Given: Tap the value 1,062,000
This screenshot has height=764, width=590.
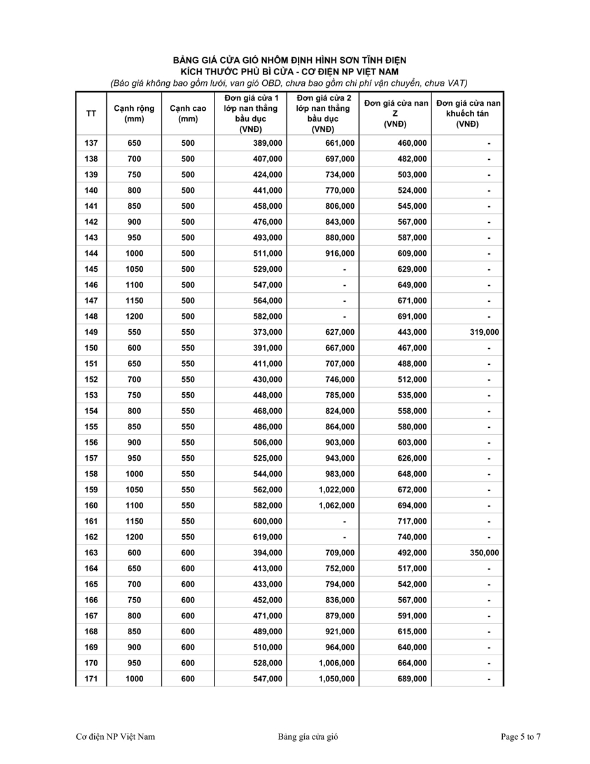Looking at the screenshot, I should coord(337,506).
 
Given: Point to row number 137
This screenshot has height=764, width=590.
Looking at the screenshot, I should coord(91,143).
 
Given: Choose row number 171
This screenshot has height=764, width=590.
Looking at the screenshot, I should coord(91,679).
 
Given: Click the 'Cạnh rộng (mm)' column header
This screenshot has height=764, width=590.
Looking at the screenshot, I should coord(134,113).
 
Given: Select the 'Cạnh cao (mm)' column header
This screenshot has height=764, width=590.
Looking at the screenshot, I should coord(188,113).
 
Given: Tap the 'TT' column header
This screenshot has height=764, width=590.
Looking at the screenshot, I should coord(91,113).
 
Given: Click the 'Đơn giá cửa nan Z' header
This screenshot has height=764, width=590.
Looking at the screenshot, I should coord(395,113).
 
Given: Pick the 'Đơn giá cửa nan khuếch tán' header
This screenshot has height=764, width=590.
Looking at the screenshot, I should coord(468,113).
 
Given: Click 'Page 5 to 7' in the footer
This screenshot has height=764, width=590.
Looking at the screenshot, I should coord(521,737).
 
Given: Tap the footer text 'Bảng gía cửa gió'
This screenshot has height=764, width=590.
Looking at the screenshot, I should coord(307,737).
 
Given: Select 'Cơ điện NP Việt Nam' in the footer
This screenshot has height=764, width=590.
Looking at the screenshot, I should coord(115,737).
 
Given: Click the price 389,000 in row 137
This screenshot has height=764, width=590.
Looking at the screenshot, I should coord(267,143).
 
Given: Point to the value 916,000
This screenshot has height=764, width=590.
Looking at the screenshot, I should coord(340,253).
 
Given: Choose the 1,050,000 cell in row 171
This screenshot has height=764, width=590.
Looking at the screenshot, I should coord(337,679).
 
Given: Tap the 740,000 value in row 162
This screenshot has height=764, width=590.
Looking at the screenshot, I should coord(412,537).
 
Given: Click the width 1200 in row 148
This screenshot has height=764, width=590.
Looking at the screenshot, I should coord(134,316).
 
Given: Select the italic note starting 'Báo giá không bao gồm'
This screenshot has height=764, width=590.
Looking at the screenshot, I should coord(289,83).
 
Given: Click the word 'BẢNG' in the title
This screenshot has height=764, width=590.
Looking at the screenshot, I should coord(187,60).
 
